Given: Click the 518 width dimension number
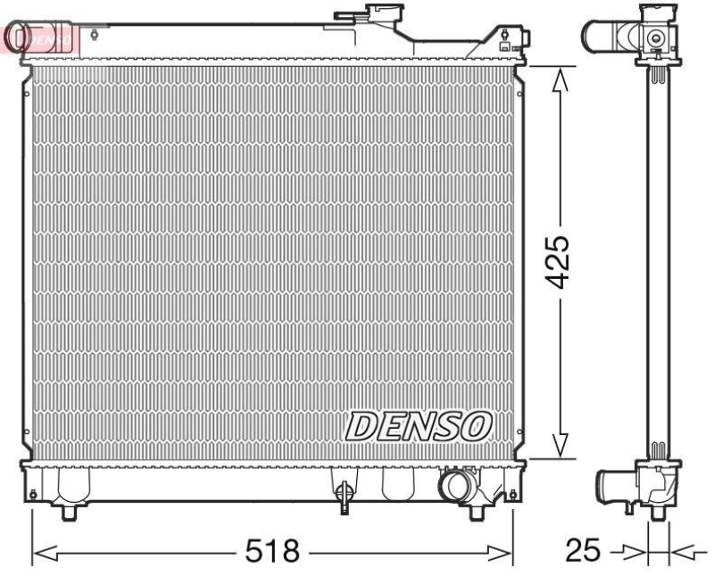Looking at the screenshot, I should [x=273, y=550].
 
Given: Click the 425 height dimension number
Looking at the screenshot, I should [x=559, y=263].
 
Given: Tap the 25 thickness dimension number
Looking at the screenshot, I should [x=585, y=550].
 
